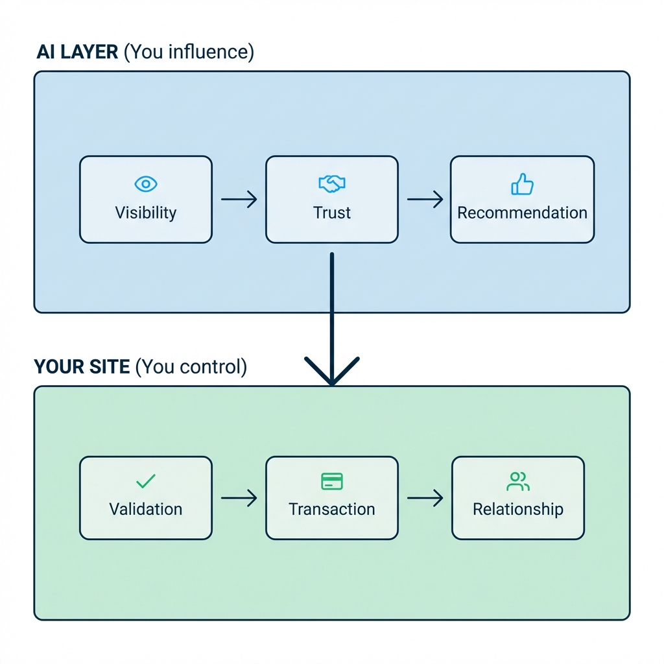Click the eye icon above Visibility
coord(146,184)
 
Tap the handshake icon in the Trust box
coord(332,184)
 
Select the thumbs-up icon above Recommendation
coord(522,184)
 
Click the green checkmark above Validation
coord(146,481)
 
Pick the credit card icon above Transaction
coord(332,481)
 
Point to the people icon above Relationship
coord(518,481)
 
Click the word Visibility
coord(146,213)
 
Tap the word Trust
coord(332,213)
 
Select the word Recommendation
coord(522,213)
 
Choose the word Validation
coord(146,509)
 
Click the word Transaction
coord(332,509)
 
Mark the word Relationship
coord(518,509)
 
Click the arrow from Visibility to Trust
coord(239,199)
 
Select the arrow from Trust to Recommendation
coord(425,199)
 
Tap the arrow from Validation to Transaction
coord(239,498)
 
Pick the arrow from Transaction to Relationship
coord(425,498)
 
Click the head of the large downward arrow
coord(332,373)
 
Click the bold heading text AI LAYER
coord(77,52)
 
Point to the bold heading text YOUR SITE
coord(82,367)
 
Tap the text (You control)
coord(191,367)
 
